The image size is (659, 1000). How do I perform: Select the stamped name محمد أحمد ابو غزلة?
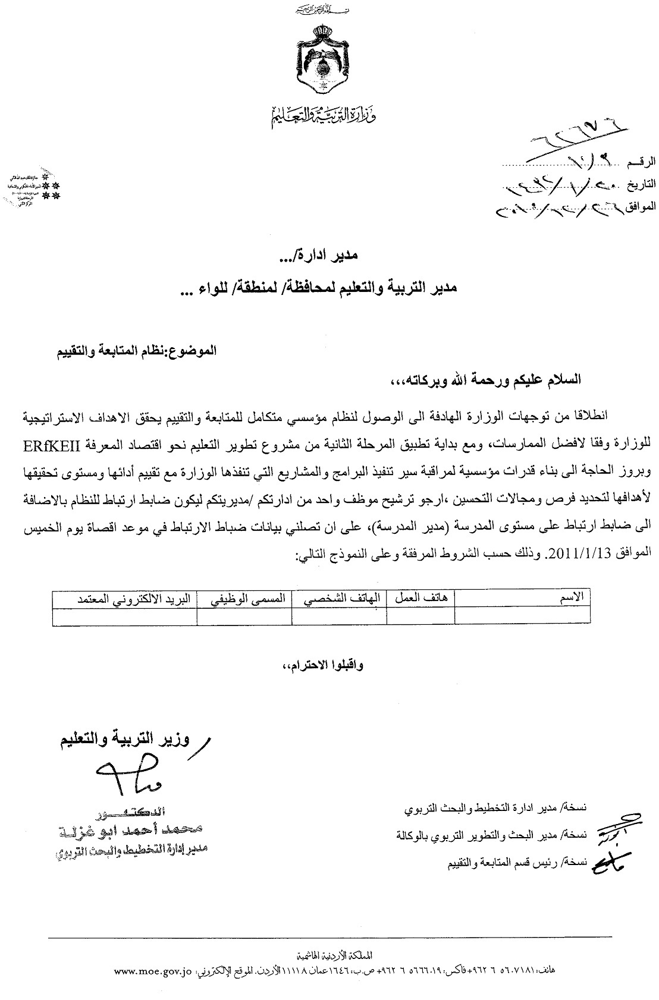click(134, 830)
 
